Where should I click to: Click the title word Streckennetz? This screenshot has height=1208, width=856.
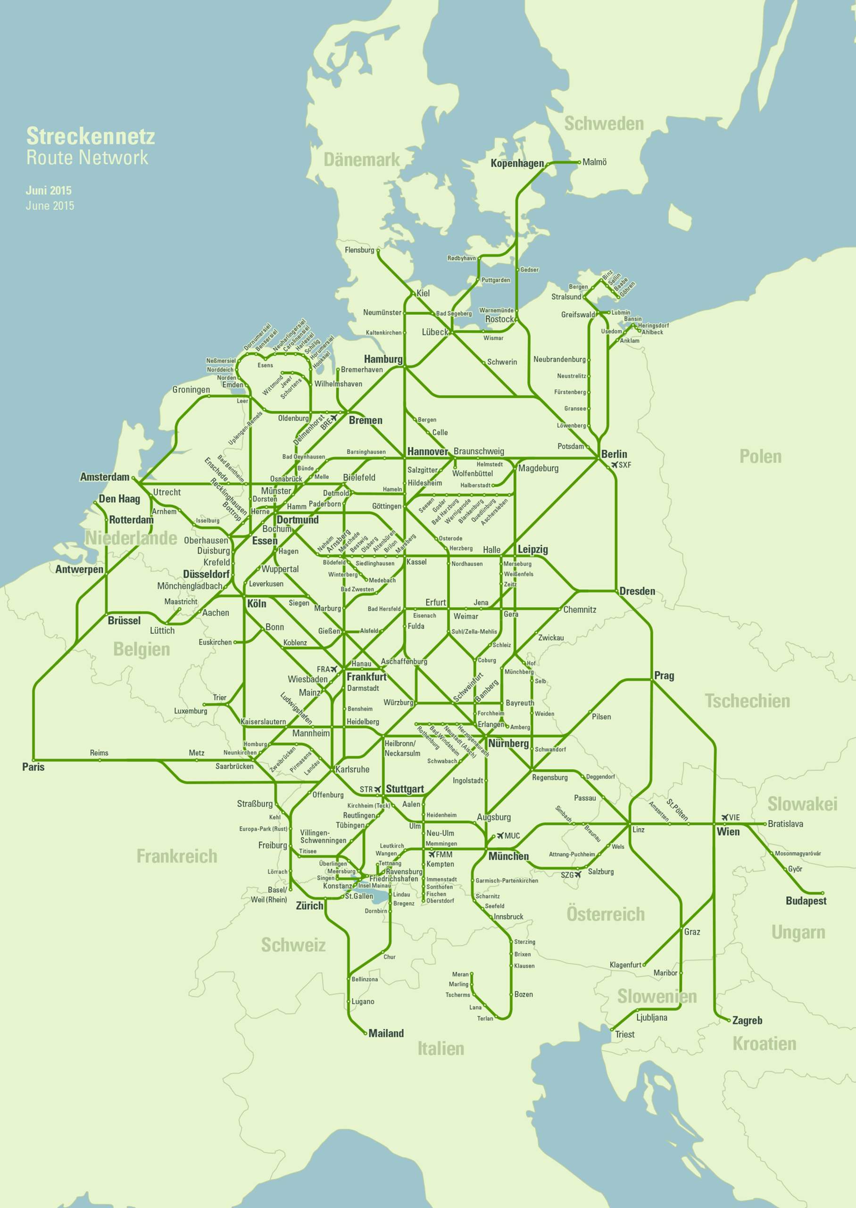[91, 136]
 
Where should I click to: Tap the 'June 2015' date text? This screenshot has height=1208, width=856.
[50, 206]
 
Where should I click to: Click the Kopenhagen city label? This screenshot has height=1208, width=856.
[516, 163]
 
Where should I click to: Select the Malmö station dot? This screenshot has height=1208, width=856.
[579, 162]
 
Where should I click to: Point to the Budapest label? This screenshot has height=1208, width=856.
[806, 901]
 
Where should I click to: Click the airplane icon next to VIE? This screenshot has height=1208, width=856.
[725, 817]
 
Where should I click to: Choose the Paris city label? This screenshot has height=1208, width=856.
[33, 767]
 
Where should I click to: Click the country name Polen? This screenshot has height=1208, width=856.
[760, 456]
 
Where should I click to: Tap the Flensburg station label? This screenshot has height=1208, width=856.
[359, 250]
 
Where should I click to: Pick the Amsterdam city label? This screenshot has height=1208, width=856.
[104, 477]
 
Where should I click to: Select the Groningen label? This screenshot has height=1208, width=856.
[191, 390]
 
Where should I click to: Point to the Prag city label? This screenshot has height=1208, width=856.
[664, 676]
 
